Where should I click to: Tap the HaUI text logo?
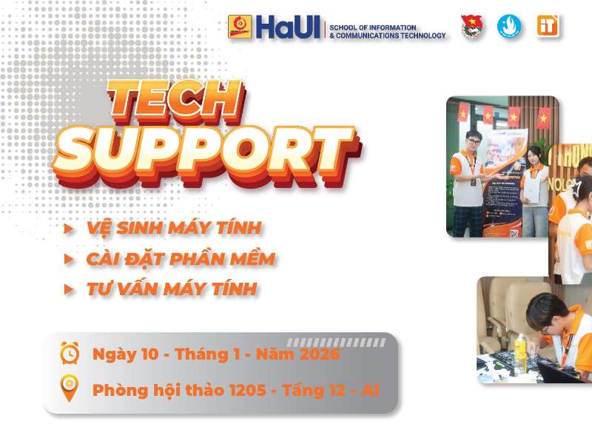(x=289, y=27)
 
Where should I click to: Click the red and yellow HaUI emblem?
(x=240, y=27)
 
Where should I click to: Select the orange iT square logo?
(x=548, y=26)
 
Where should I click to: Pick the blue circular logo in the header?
(x=509, y=27)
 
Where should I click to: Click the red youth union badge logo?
(x=471, y=27)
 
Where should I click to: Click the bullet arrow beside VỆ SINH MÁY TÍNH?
(x=69, y=229)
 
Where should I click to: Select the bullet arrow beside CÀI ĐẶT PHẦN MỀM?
(x=69, y=259)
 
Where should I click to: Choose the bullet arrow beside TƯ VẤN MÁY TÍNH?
(x=69, y=289)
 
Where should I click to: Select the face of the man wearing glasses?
(x=473, y=142)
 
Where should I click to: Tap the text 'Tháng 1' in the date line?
(x=211, y=354)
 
